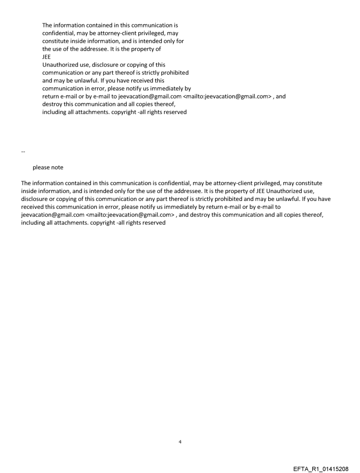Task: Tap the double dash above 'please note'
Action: point(23,152)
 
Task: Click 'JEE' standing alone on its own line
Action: point(46,57)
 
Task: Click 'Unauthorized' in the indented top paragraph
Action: point(60,65)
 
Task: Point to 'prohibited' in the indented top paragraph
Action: point(173,73)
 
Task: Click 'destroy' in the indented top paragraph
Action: point(52,104)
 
